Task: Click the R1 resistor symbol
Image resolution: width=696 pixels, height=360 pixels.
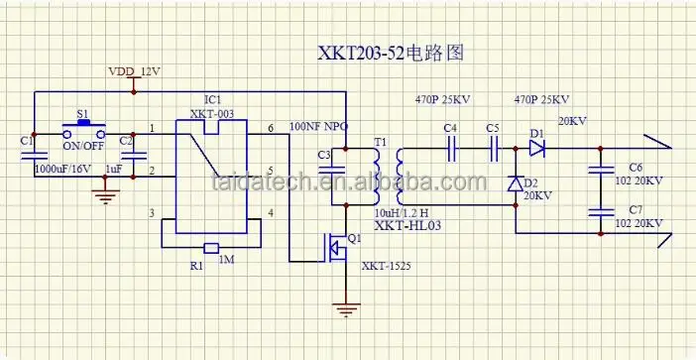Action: [209, 248]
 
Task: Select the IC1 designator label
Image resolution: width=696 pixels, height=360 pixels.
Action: [211, 101]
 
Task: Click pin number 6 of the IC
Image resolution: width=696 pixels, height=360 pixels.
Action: [271, 129]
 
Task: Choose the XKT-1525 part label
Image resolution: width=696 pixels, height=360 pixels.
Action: [385, 266]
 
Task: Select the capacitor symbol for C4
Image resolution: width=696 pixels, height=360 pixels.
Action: [451, 150]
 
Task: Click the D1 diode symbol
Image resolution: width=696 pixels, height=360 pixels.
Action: [537, 149]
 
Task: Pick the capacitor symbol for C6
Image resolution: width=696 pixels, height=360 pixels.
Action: [599, 169]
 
